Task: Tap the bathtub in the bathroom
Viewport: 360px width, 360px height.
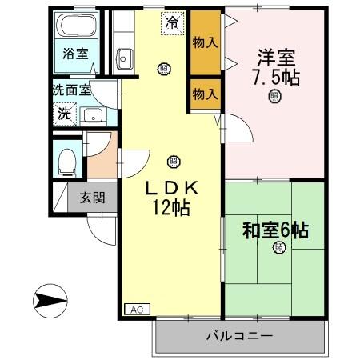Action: [76, 26]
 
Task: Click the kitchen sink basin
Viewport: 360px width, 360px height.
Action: [126, 57]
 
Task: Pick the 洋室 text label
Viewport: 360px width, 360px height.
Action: [275, 58]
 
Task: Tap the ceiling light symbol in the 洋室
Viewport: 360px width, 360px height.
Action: [274, 98]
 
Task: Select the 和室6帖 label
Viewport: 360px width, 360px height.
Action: [275, 230]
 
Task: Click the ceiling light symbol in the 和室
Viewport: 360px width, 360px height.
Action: [278, 247]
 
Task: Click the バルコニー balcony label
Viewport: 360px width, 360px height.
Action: [239, 336]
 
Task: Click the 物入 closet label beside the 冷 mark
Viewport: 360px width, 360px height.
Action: [205, 42]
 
